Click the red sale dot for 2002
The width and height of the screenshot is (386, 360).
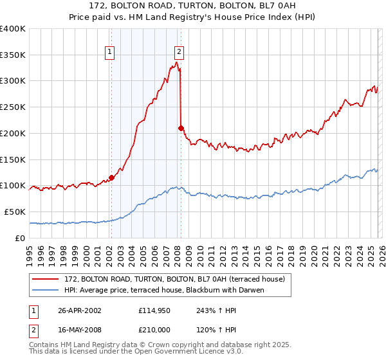point(111,177)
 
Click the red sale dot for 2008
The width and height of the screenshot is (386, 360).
point(181,128)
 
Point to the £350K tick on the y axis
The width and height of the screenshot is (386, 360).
point(13,55)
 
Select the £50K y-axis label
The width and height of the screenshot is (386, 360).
point(15,212)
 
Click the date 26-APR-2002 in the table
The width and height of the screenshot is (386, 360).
point(80,310)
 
